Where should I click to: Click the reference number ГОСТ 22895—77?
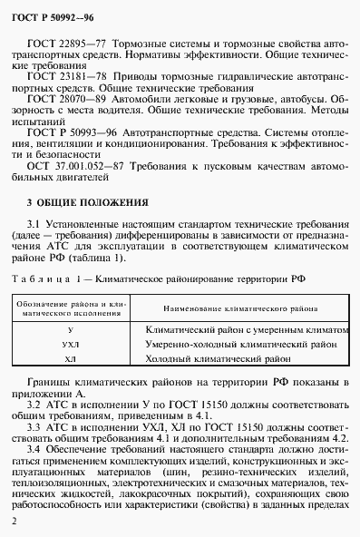(69, 43)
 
